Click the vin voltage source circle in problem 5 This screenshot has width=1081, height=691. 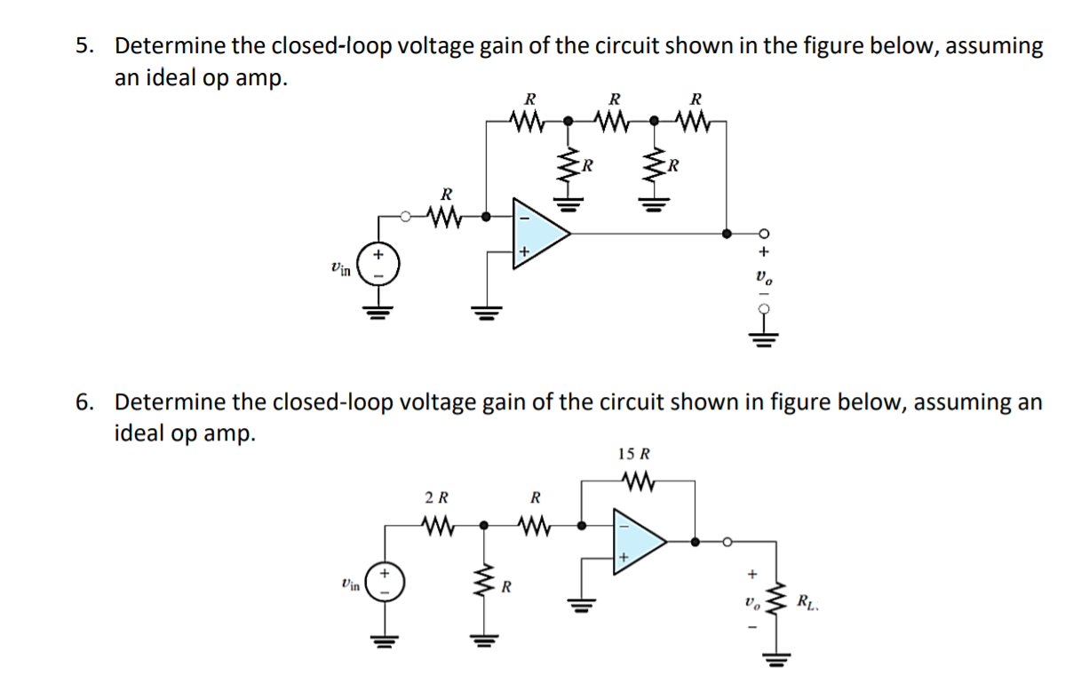pos(379,265)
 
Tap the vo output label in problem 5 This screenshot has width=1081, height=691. pos(761,278)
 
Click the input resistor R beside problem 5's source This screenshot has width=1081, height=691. pos(446,215)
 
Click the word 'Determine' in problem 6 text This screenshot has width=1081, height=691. pos(170,401)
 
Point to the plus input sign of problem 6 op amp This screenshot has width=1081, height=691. pos(624,557)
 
